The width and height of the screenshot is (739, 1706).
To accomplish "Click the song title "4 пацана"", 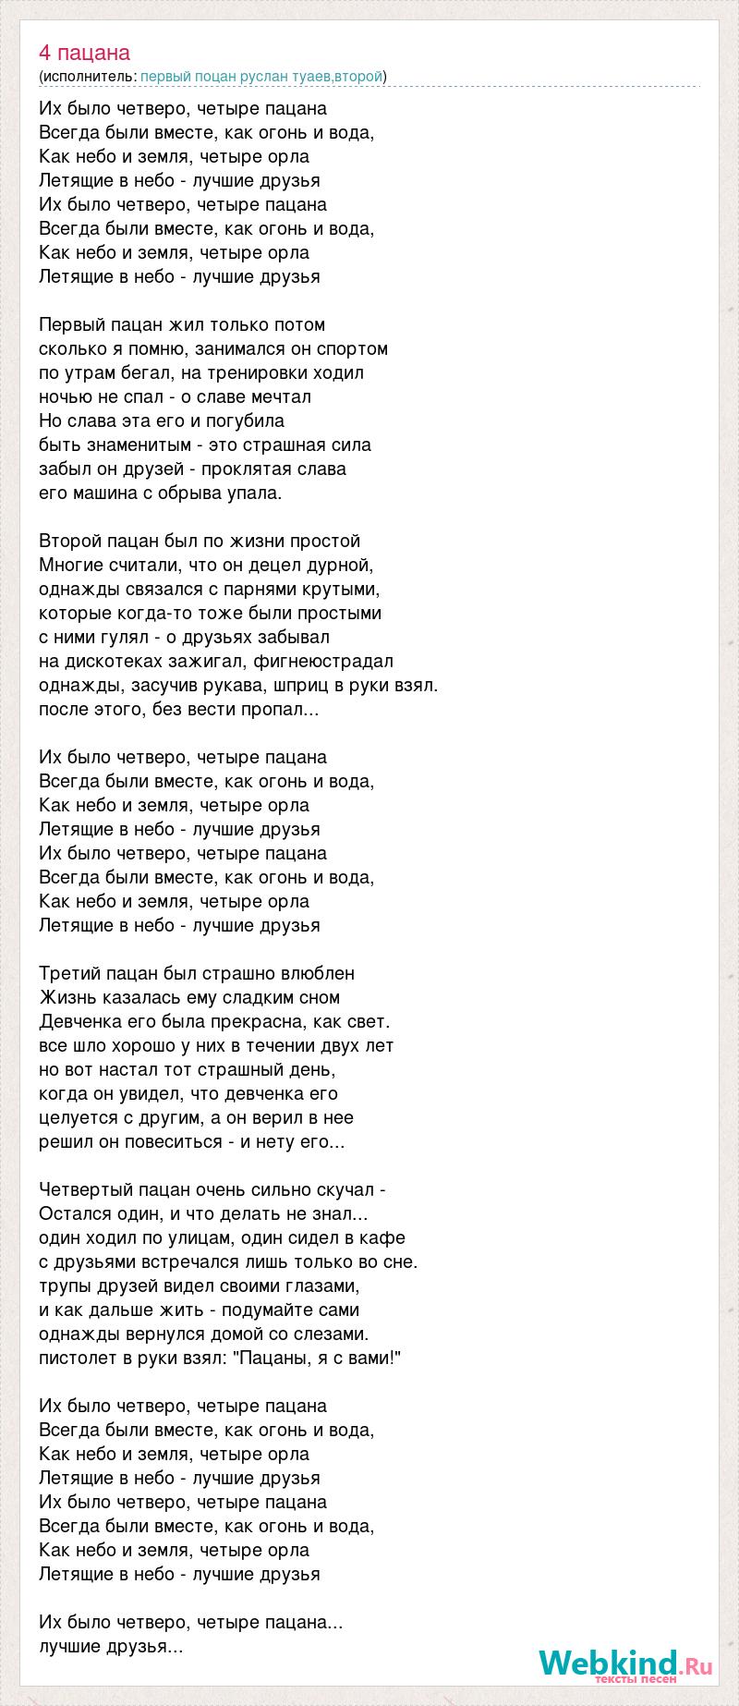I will tap(85, 53).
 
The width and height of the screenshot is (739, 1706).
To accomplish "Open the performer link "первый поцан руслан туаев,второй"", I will tap(261, 77).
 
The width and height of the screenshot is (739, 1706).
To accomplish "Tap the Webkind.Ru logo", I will tap(625, 1662).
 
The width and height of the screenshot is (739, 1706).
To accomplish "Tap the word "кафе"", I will tap(384, 1238).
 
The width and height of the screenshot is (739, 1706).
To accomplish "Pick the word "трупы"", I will tap(65, 1286).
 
